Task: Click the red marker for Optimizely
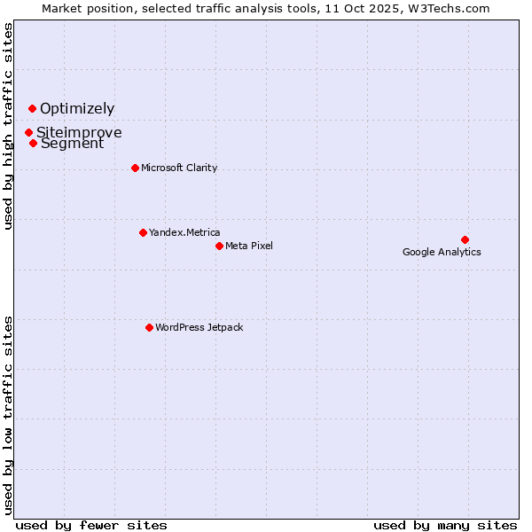point(32,109)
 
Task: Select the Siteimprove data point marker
point(28,132)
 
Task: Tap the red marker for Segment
point(33,143)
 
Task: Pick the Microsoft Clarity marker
point(135,168)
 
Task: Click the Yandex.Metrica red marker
point(143,232)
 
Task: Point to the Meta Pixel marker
point(219,246)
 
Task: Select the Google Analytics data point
point(465,239)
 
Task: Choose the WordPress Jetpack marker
point(149,327)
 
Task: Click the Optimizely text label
point(77,109)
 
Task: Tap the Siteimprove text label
point(79,133)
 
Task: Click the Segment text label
point(72,144)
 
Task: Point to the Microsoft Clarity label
point(179,168)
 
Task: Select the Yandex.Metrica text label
point(184,232)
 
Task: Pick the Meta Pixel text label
point(249,246)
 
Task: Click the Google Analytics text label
point(442,252)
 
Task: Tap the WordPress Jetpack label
point(199,327)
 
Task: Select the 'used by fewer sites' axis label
point(91,525)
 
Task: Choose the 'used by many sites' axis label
point(445,525)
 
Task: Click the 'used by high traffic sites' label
point(8,126)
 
